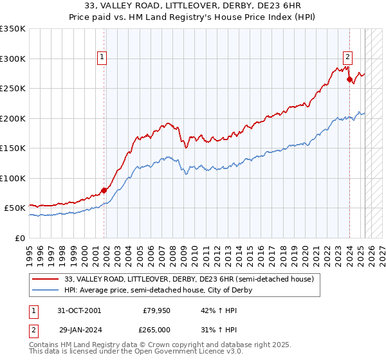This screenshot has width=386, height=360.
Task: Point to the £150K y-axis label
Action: (x=12, y=148)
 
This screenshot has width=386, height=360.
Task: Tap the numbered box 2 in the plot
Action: (x=347, y=56)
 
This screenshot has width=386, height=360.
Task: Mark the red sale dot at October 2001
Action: (x=104, y=190)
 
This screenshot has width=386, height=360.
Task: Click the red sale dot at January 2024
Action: (x=349, y=80)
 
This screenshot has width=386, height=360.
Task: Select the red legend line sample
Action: (x=47, y=279)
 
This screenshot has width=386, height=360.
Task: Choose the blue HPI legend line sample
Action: (x=47, y=290)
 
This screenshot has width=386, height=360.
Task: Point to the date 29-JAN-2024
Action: (x=79, y=329)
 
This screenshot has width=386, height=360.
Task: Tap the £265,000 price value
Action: (x=157, y=329)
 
